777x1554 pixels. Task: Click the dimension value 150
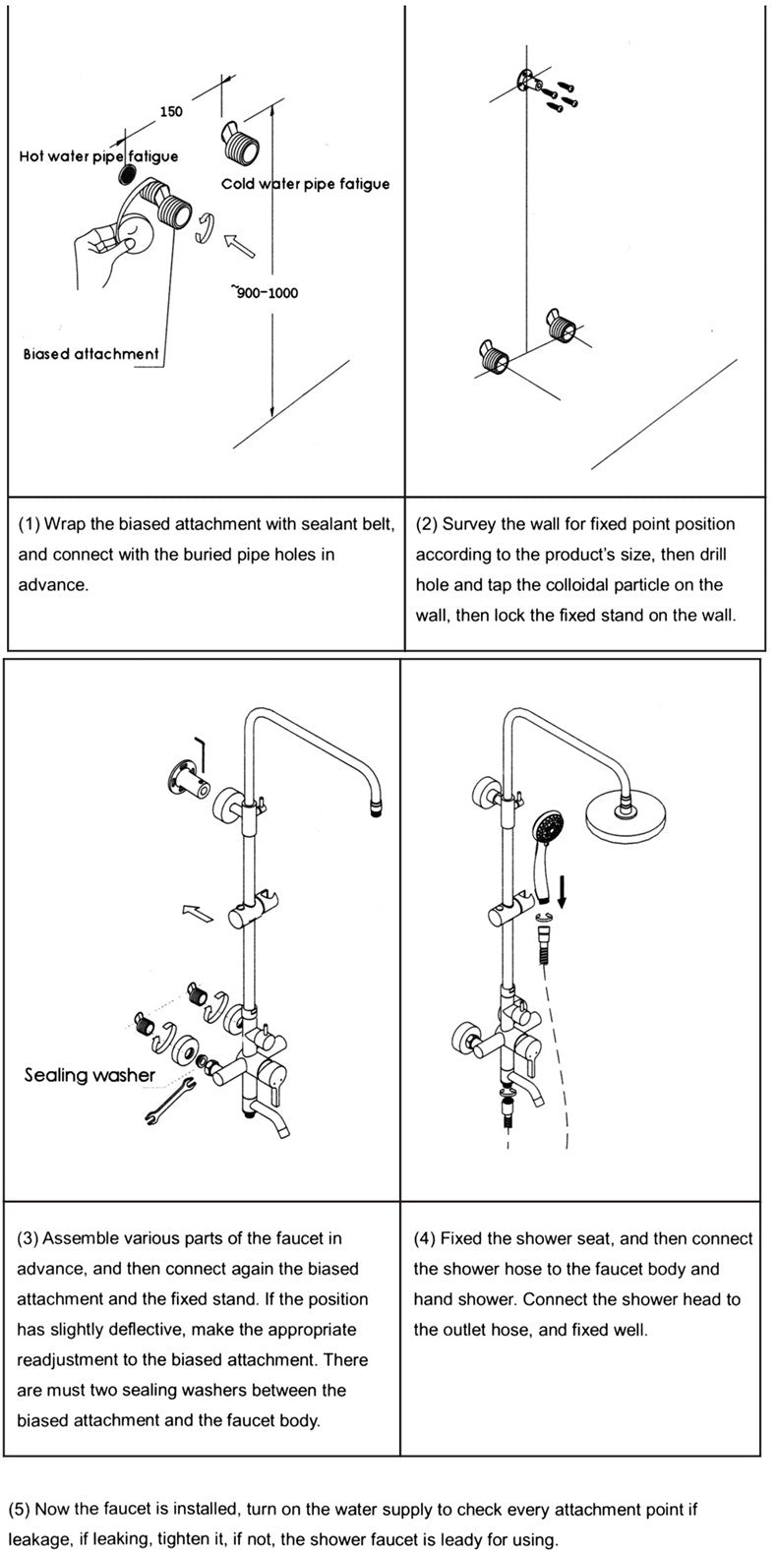(x=171, y=111)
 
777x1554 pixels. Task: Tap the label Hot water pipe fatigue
(x=98, y=156)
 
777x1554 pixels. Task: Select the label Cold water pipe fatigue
(x=305, y=184)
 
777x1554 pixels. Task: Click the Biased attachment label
(x=90, y=354)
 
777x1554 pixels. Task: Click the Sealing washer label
(x=90, y=1075)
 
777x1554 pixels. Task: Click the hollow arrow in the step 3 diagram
(x=198, y=914)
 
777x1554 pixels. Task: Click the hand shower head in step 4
(x=547, y=827)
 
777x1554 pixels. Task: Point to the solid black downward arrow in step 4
(x=563, y=891)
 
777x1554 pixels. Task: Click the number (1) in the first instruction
(x=30, y=524)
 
